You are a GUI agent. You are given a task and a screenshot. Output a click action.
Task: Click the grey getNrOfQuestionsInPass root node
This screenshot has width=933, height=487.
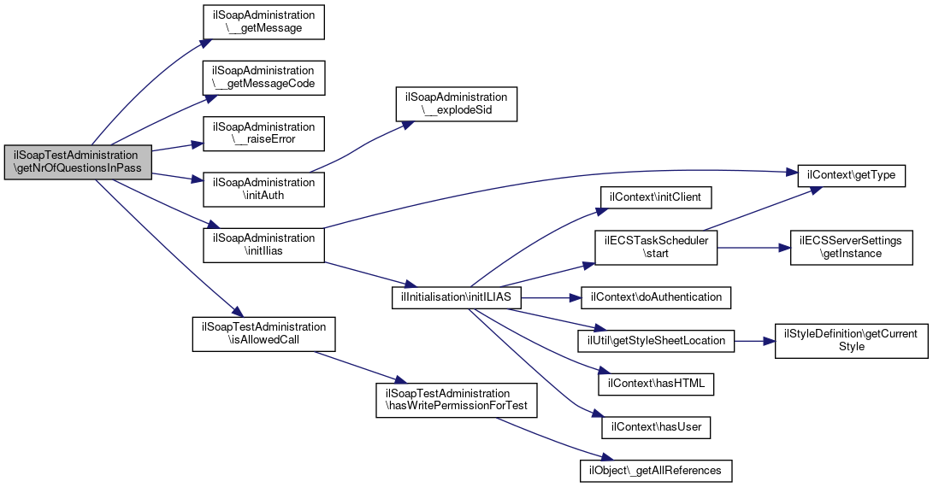[x=78, y=161]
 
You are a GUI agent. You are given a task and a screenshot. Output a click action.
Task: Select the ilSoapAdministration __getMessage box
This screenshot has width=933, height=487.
[x=263, y=22]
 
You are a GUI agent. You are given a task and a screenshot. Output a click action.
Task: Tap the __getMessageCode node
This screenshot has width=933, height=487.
[x=263, y=77]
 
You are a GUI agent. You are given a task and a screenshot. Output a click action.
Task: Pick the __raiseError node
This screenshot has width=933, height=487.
[x=263, y=133]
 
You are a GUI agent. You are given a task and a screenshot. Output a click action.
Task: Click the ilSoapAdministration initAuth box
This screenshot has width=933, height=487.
[x=263, y=189]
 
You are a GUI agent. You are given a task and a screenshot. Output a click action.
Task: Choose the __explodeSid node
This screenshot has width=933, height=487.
[x=457, y=104]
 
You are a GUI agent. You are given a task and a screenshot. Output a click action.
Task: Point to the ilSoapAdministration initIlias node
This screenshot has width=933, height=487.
[x=263, y=244]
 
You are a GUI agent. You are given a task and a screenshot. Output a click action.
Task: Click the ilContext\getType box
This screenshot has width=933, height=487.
[x=852, y=175]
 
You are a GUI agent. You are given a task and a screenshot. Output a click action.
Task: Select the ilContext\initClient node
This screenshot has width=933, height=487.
[x=654, y=197]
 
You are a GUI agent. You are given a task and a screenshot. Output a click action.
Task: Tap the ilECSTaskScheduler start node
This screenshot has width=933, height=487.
[x=656, y=248]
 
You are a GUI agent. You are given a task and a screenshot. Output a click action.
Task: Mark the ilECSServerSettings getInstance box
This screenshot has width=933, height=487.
[x=852, y=248]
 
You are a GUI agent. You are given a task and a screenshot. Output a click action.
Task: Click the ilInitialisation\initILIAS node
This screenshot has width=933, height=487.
[x=457, y=297]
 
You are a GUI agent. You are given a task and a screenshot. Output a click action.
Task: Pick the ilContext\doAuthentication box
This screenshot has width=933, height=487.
[x=655, y=297]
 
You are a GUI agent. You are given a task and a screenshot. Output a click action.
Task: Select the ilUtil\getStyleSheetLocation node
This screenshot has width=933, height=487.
[x=656, y=341]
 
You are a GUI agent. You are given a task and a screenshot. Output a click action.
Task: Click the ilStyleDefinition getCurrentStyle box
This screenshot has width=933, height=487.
[x=852, y=341]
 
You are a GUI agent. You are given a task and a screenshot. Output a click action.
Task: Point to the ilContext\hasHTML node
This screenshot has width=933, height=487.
[x=656, y=384]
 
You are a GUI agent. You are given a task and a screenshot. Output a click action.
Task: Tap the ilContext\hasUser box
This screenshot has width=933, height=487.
[x=656, y=427]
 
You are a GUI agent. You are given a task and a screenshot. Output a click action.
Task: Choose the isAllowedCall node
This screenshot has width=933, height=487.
[x=263, y=333]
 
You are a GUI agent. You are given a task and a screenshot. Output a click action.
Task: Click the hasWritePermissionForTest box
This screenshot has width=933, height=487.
[x=457, y=400]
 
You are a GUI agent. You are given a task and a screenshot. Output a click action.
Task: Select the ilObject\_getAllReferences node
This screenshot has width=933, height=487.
[x=656, y=471]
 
